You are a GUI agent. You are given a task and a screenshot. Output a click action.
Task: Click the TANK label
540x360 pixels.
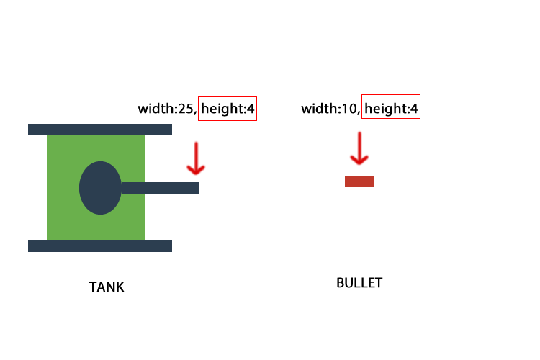tap(107, 287)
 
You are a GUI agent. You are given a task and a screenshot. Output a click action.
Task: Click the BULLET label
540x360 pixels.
tap(359, 283)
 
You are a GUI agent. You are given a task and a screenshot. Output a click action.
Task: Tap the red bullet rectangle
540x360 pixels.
tap(359, 181)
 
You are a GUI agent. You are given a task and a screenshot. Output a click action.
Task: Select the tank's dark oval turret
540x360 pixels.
tap(100, 188)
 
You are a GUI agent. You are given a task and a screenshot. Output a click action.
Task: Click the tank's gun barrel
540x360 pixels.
tap(160, 188)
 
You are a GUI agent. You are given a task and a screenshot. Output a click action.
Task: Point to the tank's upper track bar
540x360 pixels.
tap(100, 130)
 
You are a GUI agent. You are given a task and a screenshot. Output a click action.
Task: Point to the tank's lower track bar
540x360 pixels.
tap(100, 246)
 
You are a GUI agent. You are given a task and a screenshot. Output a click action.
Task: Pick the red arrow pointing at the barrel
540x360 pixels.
tap(196, 158)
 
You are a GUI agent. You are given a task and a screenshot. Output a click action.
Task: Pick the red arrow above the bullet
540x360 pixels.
tap(359, 148)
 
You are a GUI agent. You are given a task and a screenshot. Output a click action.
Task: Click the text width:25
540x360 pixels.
tap(166, 109)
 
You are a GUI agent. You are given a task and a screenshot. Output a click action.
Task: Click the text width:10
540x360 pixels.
tap(328, 109)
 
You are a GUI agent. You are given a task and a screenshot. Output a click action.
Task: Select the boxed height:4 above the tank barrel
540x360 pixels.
tap(228, 109)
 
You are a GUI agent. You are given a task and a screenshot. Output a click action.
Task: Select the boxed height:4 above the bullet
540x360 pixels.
tap(391, 107)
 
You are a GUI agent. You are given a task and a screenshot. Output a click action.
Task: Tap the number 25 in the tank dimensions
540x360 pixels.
tap(186, 109)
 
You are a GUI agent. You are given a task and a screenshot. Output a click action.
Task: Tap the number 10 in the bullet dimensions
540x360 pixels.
tap(349, 109)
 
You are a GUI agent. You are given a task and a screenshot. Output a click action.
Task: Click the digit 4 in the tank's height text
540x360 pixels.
tap(251, 109)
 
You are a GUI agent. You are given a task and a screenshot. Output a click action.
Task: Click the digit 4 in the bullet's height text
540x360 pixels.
tap(414, 109)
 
